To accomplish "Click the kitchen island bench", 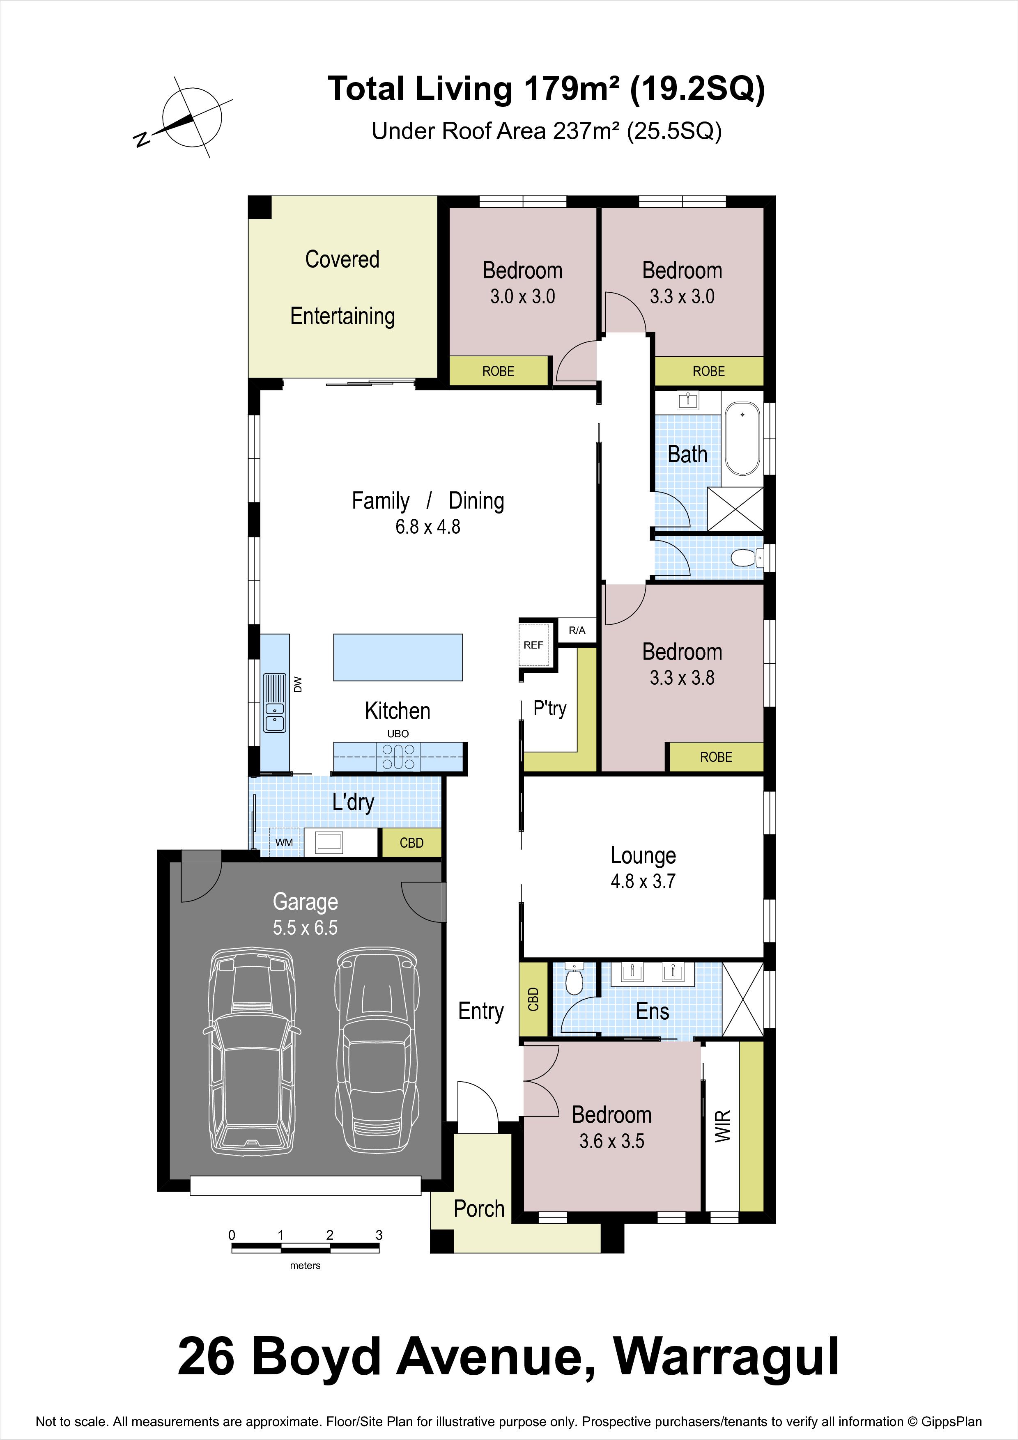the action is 398,657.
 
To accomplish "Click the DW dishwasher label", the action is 298,684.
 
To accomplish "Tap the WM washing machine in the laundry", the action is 284,842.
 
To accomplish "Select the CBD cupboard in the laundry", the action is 411,843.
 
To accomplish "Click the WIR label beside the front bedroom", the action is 723,1126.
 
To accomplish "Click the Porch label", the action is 479,1208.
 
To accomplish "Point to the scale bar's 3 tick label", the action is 379,1235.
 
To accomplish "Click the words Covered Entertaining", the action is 342,288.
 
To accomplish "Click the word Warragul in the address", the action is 726,1357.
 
